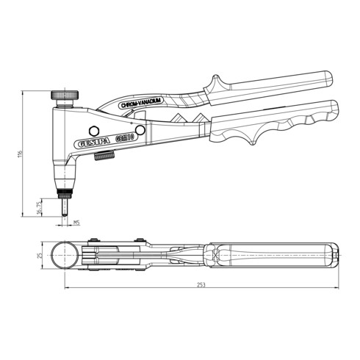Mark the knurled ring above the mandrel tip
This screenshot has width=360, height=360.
point(65,194)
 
